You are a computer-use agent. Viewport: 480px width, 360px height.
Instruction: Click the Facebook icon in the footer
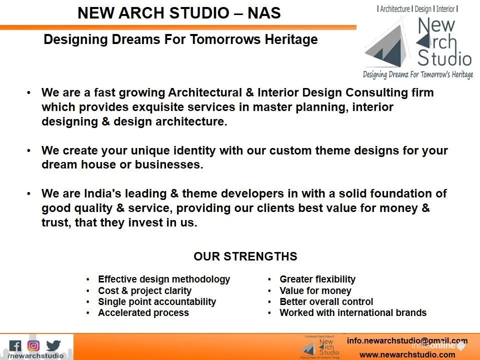pyautogui.click(x=15, y=346)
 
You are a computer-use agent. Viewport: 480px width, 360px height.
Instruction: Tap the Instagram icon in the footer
pyautogui.click(x=33, y=345)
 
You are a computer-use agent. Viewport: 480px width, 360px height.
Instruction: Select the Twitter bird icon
pyautogui.click(x=53, y=345)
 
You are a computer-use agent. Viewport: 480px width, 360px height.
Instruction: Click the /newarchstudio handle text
pyautogui.click(x=36, y=356)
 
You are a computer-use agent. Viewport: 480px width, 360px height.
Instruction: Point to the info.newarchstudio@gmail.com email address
pyautogui.click(x=407, y=341)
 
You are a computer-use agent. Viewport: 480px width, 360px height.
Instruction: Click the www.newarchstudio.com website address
pyautogui.click(x=407, y=355)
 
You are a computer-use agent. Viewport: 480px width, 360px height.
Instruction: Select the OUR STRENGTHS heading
pyautogui.click(x=245, y=256)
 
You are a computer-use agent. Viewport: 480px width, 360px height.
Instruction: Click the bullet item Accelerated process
pyautogui.click(x=143, y=313)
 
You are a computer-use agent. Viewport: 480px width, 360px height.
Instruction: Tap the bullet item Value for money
pyautogui.click(x=315, y=290)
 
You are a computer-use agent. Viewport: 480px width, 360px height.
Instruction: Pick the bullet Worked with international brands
pyautogui.click(x=353, y=313)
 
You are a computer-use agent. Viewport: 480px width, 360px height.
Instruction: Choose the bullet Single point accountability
pyautogui.click(x=157, y=302)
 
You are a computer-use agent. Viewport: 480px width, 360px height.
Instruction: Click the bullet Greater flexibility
pyautogui.click(x=317, y=279)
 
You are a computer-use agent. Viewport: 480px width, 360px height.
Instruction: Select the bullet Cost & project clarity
pyautogui.click(x=144, y=290)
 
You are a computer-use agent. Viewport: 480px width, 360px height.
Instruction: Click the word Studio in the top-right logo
pyautogui.click(x=444, y=58)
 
